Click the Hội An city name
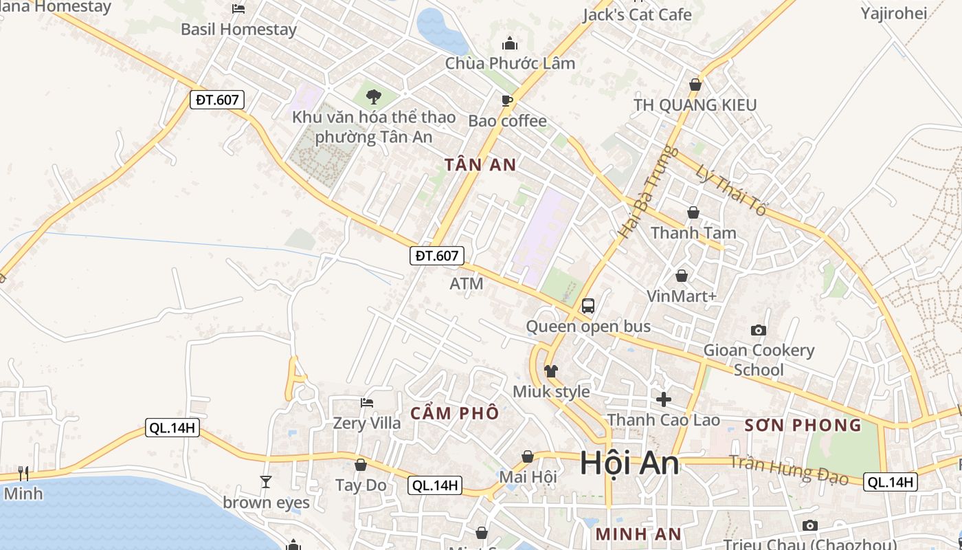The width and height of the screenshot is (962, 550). pos(629,463)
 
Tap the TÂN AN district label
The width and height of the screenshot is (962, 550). pos(480,165)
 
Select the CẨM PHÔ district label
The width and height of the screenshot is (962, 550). pos(454,413)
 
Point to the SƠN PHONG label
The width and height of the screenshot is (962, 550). pos(803,425)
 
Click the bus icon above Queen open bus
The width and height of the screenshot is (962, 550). pos(588,305)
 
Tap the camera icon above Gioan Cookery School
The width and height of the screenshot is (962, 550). pos(759,330)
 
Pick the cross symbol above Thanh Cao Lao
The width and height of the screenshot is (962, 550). pos(664,399)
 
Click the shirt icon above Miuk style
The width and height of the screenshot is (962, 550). pos(551,371)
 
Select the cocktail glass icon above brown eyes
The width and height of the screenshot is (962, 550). pos(266,481)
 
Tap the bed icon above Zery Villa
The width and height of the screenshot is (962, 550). pos(367,402)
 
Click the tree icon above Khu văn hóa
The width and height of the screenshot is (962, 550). pos(374,96)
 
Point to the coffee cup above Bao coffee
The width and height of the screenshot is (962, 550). pos(507,100)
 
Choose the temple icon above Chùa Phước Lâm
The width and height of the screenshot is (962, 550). pos(510,43)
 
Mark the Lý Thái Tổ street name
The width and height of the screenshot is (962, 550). pos(730,190)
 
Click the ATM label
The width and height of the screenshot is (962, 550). pos(467,283)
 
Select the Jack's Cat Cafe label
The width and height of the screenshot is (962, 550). pos(637,14)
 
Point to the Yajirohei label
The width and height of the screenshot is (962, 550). pos(894,12)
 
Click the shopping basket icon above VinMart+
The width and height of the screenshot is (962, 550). pos(682,276)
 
